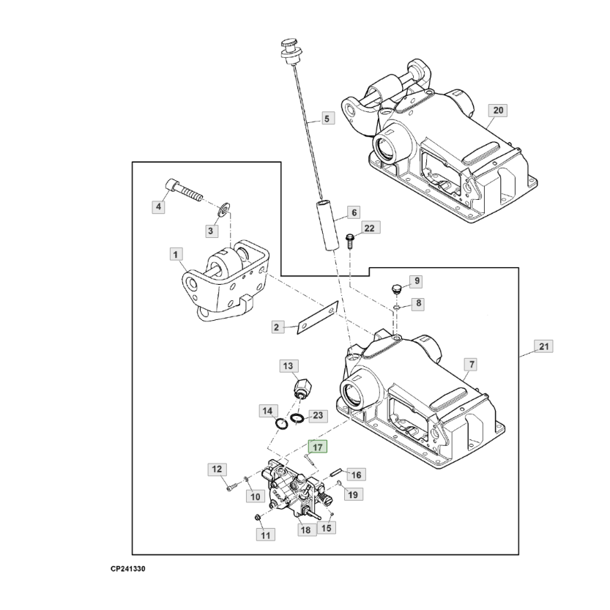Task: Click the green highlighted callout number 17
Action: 319,447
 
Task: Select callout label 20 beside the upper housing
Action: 498,111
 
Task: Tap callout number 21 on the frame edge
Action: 543,346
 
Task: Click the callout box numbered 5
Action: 327,117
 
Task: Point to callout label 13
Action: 287,365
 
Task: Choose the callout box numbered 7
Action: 471,364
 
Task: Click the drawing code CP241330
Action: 128,568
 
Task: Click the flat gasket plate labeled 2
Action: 315,318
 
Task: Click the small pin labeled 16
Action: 335,472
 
